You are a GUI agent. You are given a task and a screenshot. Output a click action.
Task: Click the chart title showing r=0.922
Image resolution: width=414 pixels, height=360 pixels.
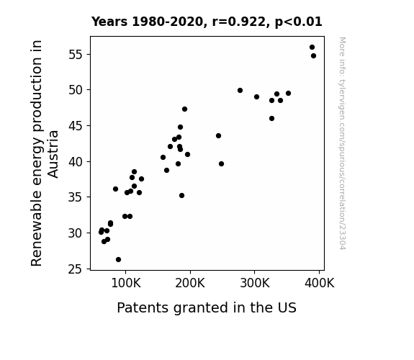click(207, 22)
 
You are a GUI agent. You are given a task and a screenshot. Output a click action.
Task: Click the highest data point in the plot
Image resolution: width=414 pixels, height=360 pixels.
click(312, 48)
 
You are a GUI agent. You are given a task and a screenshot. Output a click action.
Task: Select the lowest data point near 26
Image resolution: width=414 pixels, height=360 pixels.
click(118, 260)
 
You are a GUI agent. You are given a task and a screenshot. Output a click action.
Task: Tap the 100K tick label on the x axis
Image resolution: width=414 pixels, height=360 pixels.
click(126, 284)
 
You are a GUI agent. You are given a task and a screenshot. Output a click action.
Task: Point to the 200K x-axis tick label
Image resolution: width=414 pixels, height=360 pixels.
click(190, 284)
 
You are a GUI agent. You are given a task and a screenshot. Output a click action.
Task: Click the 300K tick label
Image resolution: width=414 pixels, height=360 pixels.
click(255, 284)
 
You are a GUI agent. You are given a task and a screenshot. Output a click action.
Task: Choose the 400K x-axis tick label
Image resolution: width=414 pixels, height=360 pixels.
click(320, 284)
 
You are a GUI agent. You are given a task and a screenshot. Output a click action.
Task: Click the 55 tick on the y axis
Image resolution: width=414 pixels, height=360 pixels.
click(76, 55)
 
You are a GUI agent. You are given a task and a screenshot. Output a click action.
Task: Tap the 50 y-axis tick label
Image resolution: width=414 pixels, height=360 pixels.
click(76, 90)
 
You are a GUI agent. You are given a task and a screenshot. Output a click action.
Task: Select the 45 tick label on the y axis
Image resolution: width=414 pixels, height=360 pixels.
click(76, 126)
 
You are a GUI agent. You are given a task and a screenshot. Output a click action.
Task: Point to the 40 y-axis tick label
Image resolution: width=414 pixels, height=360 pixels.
click(76, 162)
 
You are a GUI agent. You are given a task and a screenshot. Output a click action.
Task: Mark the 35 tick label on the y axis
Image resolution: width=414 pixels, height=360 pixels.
click(76, 197)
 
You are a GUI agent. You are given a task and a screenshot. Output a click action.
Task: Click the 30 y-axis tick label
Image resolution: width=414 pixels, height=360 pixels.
click(76, 233)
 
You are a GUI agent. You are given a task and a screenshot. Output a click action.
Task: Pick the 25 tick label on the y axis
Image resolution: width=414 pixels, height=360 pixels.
click(76, 269)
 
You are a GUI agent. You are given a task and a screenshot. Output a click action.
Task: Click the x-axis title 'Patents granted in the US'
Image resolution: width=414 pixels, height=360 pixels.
click(207, 307)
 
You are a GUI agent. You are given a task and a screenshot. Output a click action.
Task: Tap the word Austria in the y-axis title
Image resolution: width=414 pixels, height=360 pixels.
click(53, 154)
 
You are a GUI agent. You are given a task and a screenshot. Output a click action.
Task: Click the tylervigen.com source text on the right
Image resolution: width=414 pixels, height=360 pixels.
click(342, 143)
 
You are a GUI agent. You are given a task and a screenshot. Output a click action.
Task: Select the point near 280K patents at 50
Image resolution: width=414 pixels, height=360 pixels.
click(240, 90)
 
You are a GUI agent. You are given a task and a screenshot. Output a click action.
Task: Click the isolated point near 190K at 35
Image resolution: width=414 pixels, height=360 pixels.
click(181, 195)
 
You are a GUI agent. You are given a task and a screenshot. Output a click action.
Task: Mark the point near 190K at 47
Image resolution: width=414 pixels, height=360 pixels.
click(184, 109)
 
